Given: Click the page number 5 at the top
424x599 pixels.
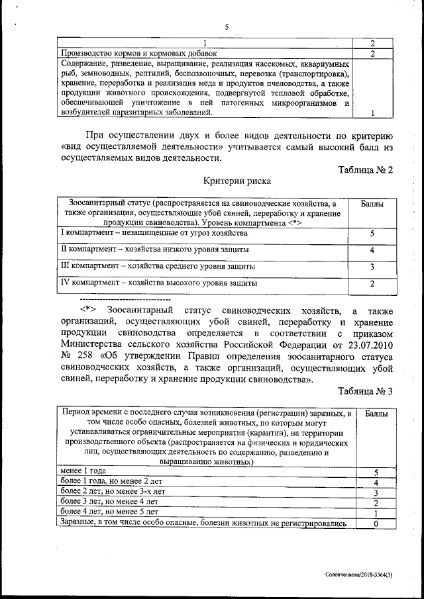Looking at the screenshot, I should click(226, 27).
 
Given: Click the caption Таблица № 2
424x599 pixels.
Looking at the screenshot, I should click(366, 169).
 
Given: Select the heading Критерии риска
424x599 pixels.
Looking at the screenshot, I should click(227, 181).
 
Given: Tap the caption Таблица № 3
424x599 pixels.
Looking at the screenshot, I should click(366, 391).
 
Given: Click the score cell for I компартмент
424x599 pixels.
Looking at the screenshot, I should click(373, 234).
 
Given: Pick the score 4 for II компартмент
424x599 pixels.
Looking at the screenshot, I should click(373, 250).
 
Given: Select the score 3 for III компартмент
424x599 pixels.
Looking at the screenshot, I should click(373, 267).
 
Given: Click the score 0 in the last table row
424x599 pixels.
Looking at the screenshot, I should click(375, 524).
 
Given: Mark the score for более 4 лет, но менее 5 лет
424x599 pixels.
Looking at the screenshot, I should click(375, 513).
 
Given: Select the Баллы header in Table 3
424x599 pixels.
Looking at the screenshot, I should click(375, 414).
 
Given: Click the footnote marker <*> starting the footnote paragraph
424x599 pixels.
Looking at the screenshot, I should click(88, 310).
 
